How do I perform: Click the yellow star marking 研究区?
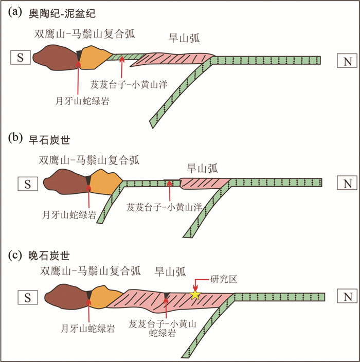coord(194,295)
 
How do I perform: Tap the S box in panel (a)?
coord(21,58)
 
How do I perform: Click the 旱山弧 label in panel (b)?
coord(201,167)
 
